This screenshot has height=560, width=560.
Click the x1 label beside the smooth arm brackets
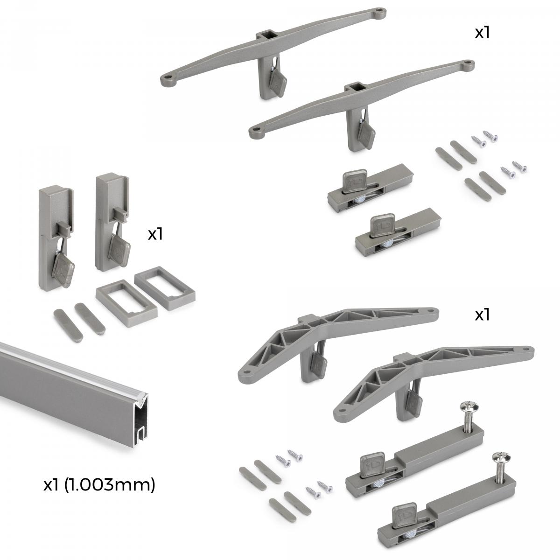[x=482, y=33]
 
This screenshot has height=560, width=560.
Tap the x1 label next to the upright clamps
[x=155, y=234]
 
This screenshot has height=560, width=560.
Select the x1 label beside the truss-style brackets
[x=482, y=315]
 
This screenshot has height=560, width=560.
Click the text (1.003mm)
[x=109, y=485]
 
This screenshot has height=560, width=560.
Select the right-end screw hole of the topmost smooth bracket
[x=380, y=10]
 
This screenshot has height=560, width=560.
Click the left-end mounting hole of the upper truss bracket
[x=247, y=372]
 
